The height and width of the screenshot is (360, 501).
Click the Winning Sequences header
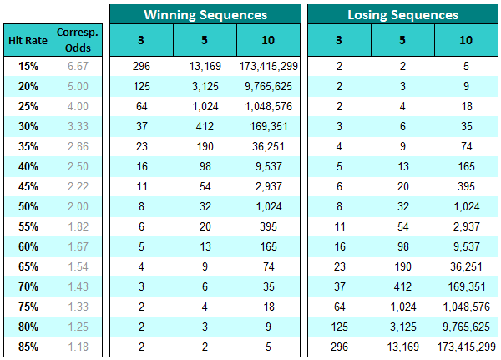[205, 14]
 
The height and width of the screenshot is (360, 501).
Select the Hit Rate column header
[27, 39]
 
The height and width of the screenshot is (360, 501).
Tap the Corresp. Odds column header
[77, 39]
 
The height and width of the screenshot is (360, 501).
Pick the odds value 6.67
[77, 65]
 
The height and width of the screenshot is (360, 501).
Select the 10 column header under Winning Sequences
[268, 39]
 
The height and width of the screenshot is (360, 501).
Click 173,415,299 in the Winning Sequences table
[268, 65]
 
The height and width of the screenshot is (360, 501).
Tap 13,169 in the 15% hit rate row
[205, 65]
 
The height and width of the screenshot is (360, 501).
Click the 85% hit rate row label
[27, 347]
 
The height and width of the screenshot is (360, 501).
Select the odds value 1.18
[77, 347]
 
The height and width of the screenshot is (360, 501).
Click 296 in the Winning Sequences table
[142, 65]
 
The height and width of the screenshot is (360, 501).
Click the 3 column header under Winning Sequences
[142, 39]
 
